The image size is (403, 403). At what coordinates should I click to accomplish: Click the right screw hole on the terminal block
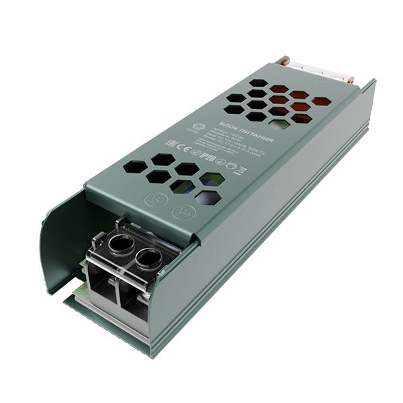pos(148,257)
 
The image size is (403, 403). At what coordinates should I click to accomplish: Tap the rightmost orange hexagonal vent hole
pos(321,101)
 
